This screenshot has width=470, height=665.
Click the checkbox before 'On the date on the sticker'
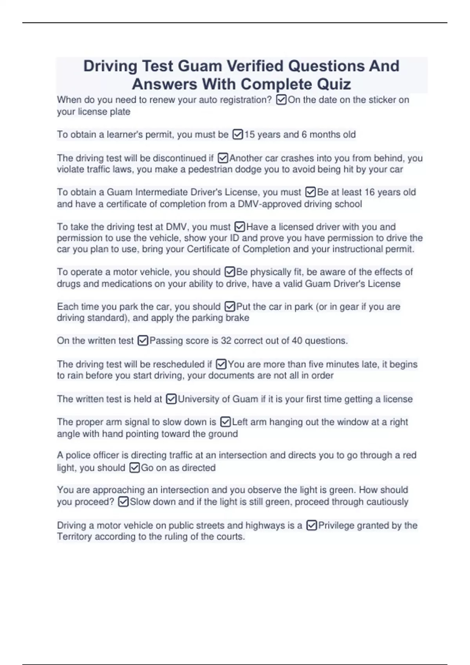(x=281, y=100)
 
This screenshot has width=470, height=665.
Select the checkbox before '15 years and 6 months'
(x=238, y=135)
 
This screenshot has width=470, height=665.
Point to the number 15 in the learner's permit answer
(x=249, y=135)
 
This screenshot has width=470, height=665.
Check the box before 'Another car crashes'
(x=222, y=158)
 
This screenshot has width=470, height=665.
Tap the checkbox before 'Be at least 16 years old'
(x=310, y=192)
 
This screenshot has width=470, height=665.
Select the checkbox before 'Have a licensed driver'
(x=239, y=227)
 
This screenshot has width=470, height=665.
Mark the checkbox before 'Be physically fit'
(x=230, y=272)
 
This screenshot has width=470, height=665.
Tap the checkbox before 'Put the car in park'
(x=230, y=306)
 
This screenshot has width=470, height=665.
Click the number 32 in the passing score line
(x=226, y=341)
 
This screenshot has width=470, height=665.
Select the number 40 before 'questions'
(x=297, y=341)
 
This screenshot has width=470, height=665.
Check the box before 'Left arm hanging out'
(x=225, y=422)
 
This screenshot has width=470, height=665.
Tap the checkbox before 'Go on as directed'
(x=134, y=468)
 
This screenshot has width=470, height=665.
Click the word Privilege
(x=336, y=525)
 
